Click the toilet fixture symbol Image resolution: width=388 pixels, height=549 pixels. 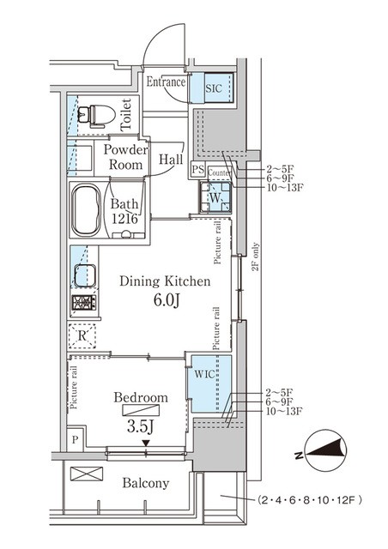pyautogui.click(x=96, y=116)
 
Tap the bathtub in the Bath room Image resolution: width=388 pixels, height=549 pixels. pyautogui.click(x=86, y=210)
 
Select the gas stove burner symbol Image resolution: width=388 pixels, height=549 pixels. pyautogui.click(x=84, y=303)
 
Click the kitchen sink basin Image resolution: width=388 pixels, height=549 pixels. pyautogui.click(x=85, y=276)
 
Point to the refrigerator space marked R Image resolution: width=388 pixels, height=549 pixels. pyautogui.click(x=82, y=336)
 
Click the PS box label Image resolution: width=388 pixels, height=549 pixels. pyautogui.click(x=197, y=170)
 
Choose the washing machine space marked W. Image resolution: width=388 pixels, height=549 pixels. pyautogui.click(x=215, y=197)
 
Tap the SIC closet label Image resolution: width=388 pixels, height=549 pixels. pyautogui.click(x=214, y=87)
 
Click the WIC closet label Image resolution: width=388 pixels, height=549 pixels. pyautogui.click(x=204, y=374)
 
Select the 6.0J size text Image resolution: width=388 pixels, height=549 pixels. pyautogui.click(x=167, y=300)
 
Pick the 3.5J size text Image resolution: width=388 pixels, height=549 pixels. pyautogui.click(x=141, y=426)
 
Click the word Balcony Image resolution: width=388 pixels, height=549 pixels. pyautogui.click(x=146, y=483)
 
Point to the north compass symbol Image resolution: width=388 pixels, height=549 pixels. pyautogui.click(x=326, y=450)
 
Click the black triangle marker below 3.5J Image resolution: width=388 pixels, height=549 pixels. pyautogui.click(x=146, y=443)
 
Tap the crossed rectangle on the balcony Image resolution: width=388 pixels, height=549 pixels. pyautogui.click(x=87, y=474)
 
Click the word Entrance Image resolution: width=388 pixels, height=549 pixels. pyautogui.click(x=166, y=81)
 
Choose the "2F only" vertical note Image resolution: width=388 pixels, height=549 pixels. pyautogui.click(x=256, y=256)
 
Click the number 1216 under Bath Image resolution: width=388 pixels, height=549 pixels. pyautogui.click(x=124, y=220)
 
